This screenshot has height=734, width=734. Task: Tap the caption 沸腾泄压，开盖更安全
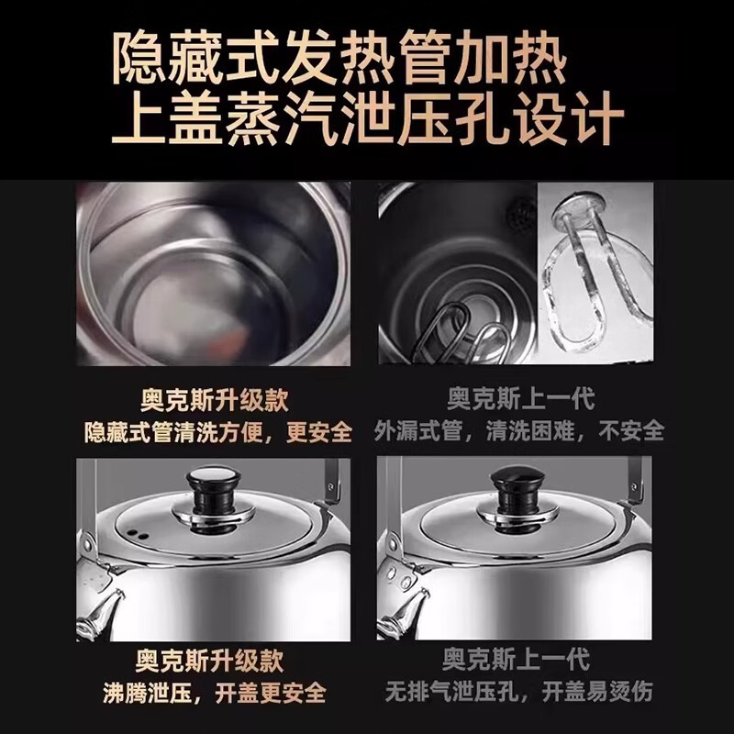(213, 690)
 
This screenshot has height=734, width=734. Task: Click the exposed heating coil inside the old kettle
(459, 331)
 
